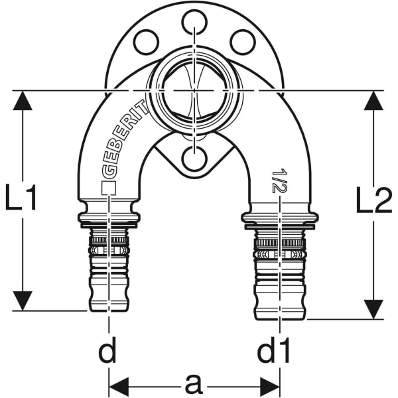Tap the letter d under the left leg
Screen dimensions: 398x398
click(x=107, y=352)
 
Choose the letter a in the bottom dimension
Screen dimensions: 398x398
click(x=194, y=383)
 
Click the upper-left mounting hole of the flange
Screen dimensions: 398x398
click(x=146, y=42)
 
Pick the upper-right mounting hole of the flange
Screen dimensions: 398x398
click(x=242, y=42)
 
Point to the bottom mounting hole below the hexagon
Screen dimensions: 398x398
click(x=193, y=160)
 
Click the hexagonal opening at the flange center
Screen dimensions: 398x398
click(x=193, y=90)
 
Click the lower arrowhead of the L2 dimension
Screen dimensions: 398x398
click(x=374, y=307)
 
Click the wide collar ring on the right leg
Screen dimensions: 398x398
click(x=279, y=219)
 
